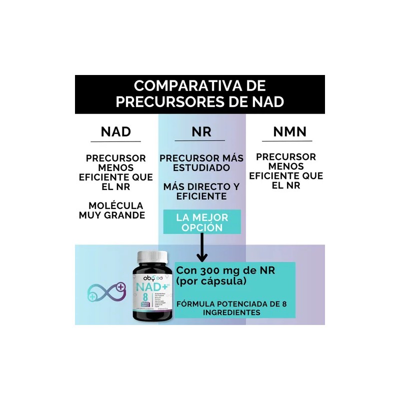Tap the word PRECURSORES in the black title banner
click(171, 101)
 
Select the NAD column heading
click(115, 132)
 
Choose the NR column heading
click(201, 132)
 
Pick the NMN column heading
click(289, 132)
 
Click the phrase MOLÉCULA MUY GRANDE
click(112, 210)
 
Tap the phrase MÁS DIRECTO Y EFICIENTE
click(201, 191)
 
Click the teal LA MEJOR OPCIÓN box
click(202, 223)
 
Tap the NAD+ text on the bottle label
click(149, 288)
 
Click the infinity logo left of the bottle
click(106, 290)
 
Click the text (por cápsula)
click(211, 282)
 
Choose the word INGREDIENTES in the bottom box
click(231, 312)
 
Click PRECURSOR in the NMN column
click(286, 157)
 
